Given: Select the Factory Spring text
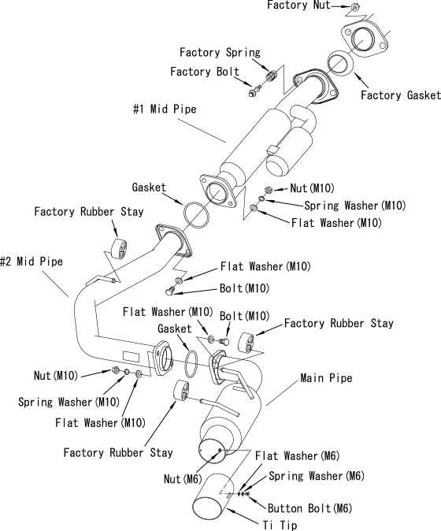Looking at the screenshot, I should (x=220, y=53).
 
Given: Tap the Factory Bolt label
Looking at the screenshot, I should (x=205, y=72).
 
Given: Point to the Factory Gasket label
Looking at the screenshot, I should (x=400, y=95).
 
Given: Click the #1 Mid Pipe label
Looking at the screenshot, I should (x=165, y=109).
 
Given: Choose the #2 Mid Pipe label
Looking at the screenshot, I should (x=31, y=261).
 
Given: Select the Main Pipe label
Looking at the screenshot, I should (x=326, y=378).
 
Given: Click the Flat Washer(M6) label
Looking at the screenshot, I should (x=297, y=456).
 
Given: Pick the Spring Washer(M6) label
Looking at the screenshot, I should (x=317, y=476).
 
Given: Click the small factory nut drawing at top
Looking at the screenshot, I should (x=354, y=7).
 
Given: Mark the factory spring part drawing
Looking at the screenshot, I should (x=271, y=76).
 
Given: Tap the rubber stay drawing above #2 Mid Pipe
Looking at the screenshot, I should (x=120, y=249).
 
